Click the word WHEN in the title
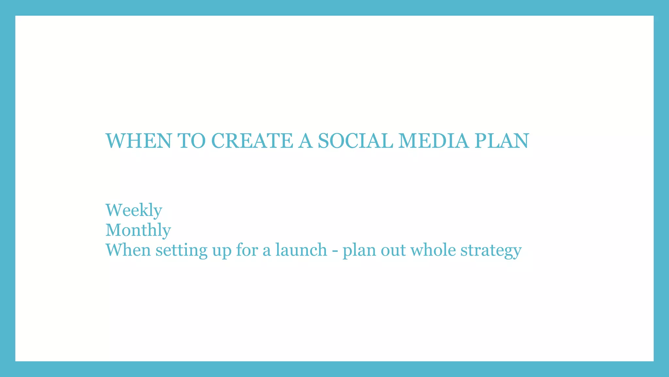(x=138, y=141)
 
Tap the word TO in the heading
(x=192, y=141)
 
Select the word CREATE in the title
(x=252, y=141)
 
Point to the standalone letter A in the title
(x=305, y=141)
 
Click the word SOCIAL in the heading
(x=355, y=141)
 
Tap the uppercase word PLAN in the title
(x=501, y=141)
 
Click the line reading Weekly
(x=134, y=210)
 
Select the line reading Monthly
(x=138, y=230)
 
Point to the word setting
(x=181, y=251)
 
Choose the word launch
(x=301, y=250)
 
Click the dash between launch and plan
(x=334, y=251)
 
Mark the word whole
(x=433, y=250)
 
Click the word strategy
(x=491, y=251)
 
